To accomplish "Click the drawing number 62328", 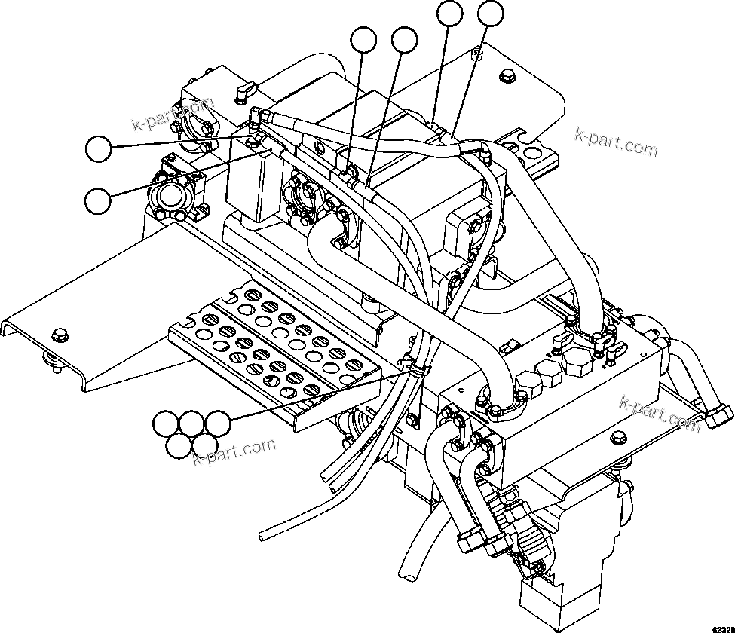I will pyautogui.click(x=719, y=625).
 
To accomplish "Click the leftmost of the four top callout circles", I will pyautogui.click(x=365, y=41).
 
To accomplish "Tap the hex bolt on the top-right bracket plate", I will pyautogui.click(x=506, y=75).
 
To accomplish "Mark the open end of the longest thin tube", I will pyautogui.click(x=260, y=536).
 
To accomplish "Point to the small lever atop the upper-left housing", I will pyautogui.click(x=243, y=91).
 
